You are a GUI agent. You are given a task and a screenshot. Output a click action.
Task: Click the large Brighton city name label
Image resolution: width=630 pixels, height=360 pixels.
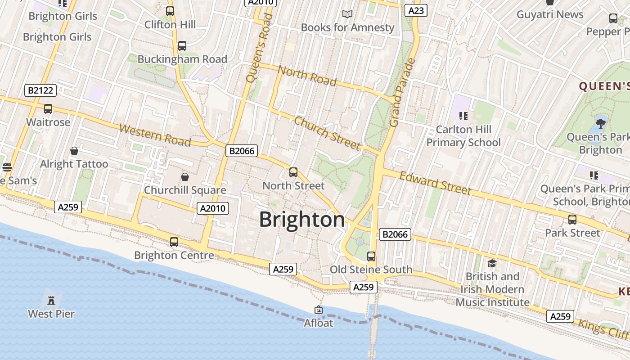pos(302,220)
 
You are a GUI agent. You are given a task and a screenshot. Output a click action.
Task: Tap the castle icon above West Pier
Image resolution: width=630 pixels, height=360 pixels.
pos(51,299)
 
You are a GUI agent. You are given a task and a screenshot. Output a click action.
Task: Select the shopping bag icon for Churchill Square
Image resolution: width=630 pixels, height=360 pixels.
pos(184,177)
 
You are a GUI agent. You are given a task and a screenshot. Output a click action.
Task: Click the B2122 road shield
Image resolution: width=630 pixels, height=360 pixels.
pos(40,90)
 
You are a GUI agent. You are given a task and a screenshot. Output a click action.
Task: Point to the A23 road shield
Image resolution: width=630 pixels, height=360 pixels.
pos(415,10)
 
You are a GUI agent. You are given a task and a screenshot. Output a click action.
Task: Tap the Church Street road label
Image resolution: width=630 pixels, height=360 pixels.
pos(327,133)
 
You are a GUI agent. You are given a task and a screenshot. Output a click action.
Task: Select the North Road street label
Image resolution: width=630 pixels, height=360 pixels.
pos(307,76)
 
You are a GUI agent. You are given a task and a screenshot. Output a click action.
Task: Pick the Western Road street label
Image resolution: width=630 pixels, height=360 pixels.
pos(155,135)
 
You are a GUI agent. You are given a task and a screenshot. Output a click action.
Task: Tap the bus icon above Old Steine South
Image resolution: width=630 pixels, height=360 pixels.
pos(371,256)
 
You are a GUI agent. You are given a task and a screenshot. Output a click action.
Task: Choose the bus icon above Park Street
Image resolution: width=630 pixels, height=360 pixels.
pos(572,220)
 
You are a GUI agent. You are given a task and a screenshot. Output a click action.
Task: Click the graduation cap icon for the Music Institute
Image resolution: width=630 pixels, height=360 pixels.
pos(492,263)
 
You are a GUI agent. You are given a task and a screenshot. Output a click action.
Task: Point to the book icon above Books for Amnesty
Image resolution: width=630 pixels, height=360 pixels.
pos(347,14)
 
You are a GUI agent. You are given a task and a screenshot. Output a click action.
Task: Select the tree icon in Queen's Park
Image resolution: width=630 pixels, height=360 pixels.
pos(600,123)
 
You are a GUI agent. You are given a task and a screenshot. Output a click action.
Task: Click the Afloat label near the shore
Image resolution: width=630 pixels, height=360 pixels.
pos(319,323)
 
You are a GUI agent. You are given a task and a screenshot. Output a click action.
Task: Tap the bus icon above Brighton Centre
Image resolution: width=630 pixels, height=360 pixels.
pos(174,242)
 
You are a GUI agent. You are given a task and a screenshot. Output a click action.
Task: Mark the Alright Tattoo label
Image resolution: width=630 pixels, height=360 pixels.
pos(74,164)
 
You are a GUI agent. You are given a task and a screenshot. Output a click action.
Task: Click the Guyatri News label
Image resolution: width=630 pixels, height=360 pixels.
pos(550,14)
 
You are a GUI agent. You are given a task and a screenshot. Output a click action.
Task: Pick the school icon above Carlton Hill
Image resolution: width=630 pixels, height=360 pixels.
pos(463,116)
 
